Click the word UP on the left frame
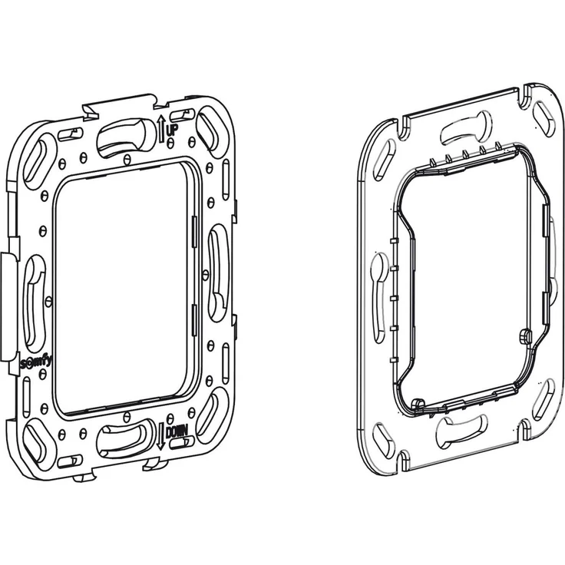coord(171,129)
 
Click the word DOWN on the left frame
coord(177,431)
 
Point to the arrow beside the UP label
coord(161,129)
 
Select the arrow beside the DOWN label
coord(160,437)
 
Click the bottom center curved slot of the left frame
coord(124,437)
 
